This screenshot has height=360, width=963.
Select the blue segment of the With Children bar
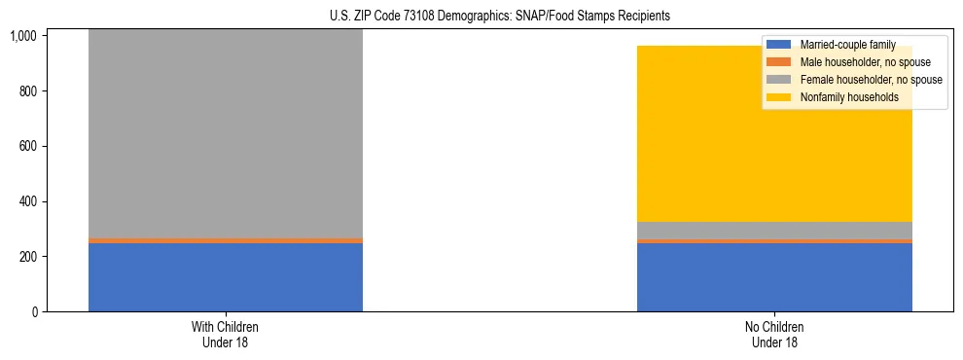[x=225, y=277]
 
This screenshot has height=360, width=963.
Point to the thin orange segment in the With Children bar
[x=225, y=240]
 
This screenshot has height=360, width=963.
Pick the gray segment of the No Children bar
[x=774, y=231]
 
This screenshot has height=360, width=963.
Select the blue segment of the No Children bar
[x=774, y=277]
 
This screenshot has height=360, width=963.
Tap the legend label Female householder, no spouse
[x=871, y=80]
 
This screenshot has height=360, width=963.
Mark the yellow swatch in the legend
[x=779, y=97]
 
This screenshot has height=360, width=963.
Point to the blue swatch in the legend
[x=779, y=45]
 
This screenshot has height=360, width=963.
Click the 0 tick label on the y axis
[x=35, y=312]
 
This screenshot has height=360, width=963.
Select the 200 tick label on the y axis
[x=29, y=257]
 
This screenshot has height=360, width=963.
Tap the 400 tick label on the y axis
[x=29, y=201]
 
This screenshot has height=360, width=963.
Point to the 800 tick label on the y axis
[x=29, y=91]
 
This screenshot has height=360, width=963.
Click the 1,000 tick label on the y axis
[x=24, y=36]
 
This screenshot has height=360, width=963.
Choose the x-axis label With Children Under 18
[x=225, y=335]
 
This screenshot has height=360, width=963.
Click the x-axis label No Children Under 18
[x=774, y=335]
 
